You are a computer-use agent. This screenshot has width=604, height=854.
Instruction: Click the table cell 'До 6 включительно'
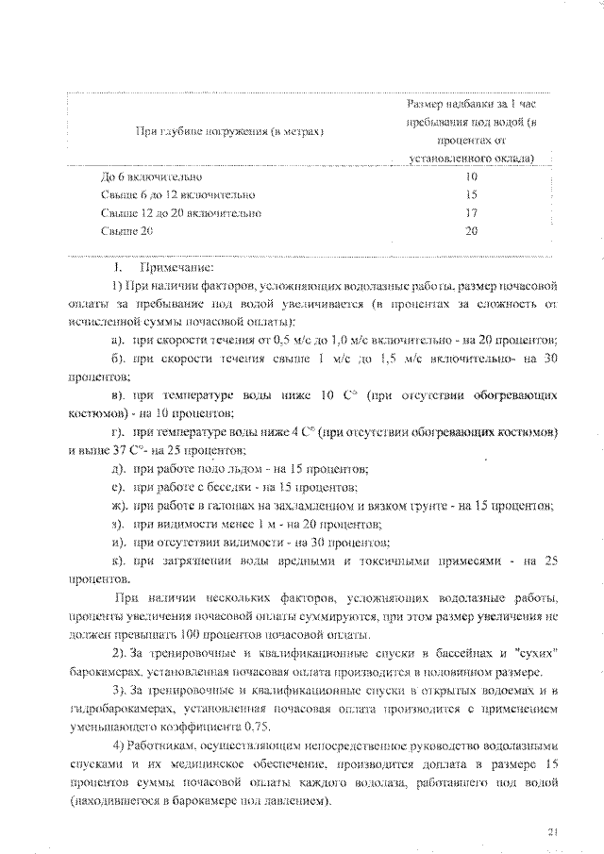151,176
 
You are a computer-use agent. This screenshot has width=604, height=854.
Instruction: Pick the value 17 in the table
472,212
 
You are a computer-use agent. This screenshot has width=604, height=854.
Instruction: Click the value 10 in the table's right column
472,176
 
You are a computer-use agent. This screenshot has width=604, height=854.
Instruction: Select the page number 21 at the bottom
554,831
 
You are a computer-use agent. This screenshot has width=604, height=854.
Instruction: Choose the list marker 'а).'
120,340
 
